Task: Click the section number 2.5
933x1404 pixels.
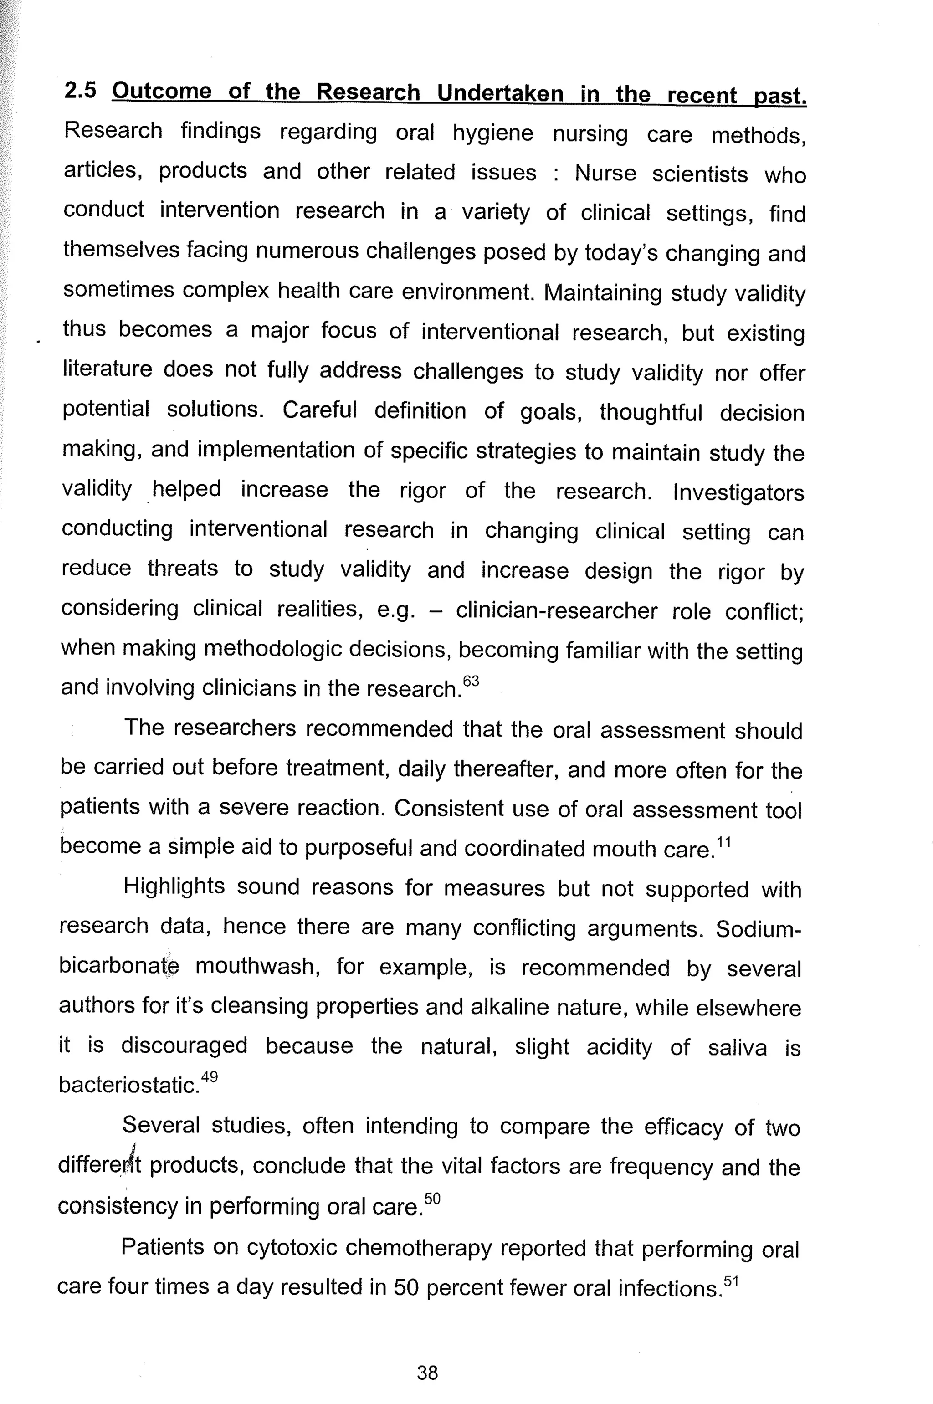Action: tap(80, 91)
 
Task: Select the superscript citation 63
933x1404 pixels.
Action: tap(471, 680)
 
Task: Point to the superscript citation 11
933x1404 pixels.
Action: tap(723, 841)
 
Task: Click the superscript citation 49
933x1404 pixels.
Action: tap(210, 1077)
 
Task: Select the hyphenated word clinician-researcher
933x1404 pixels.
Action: tap(556, 611)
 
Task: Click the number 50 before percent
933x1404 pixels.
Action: tap(406, 1288)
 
